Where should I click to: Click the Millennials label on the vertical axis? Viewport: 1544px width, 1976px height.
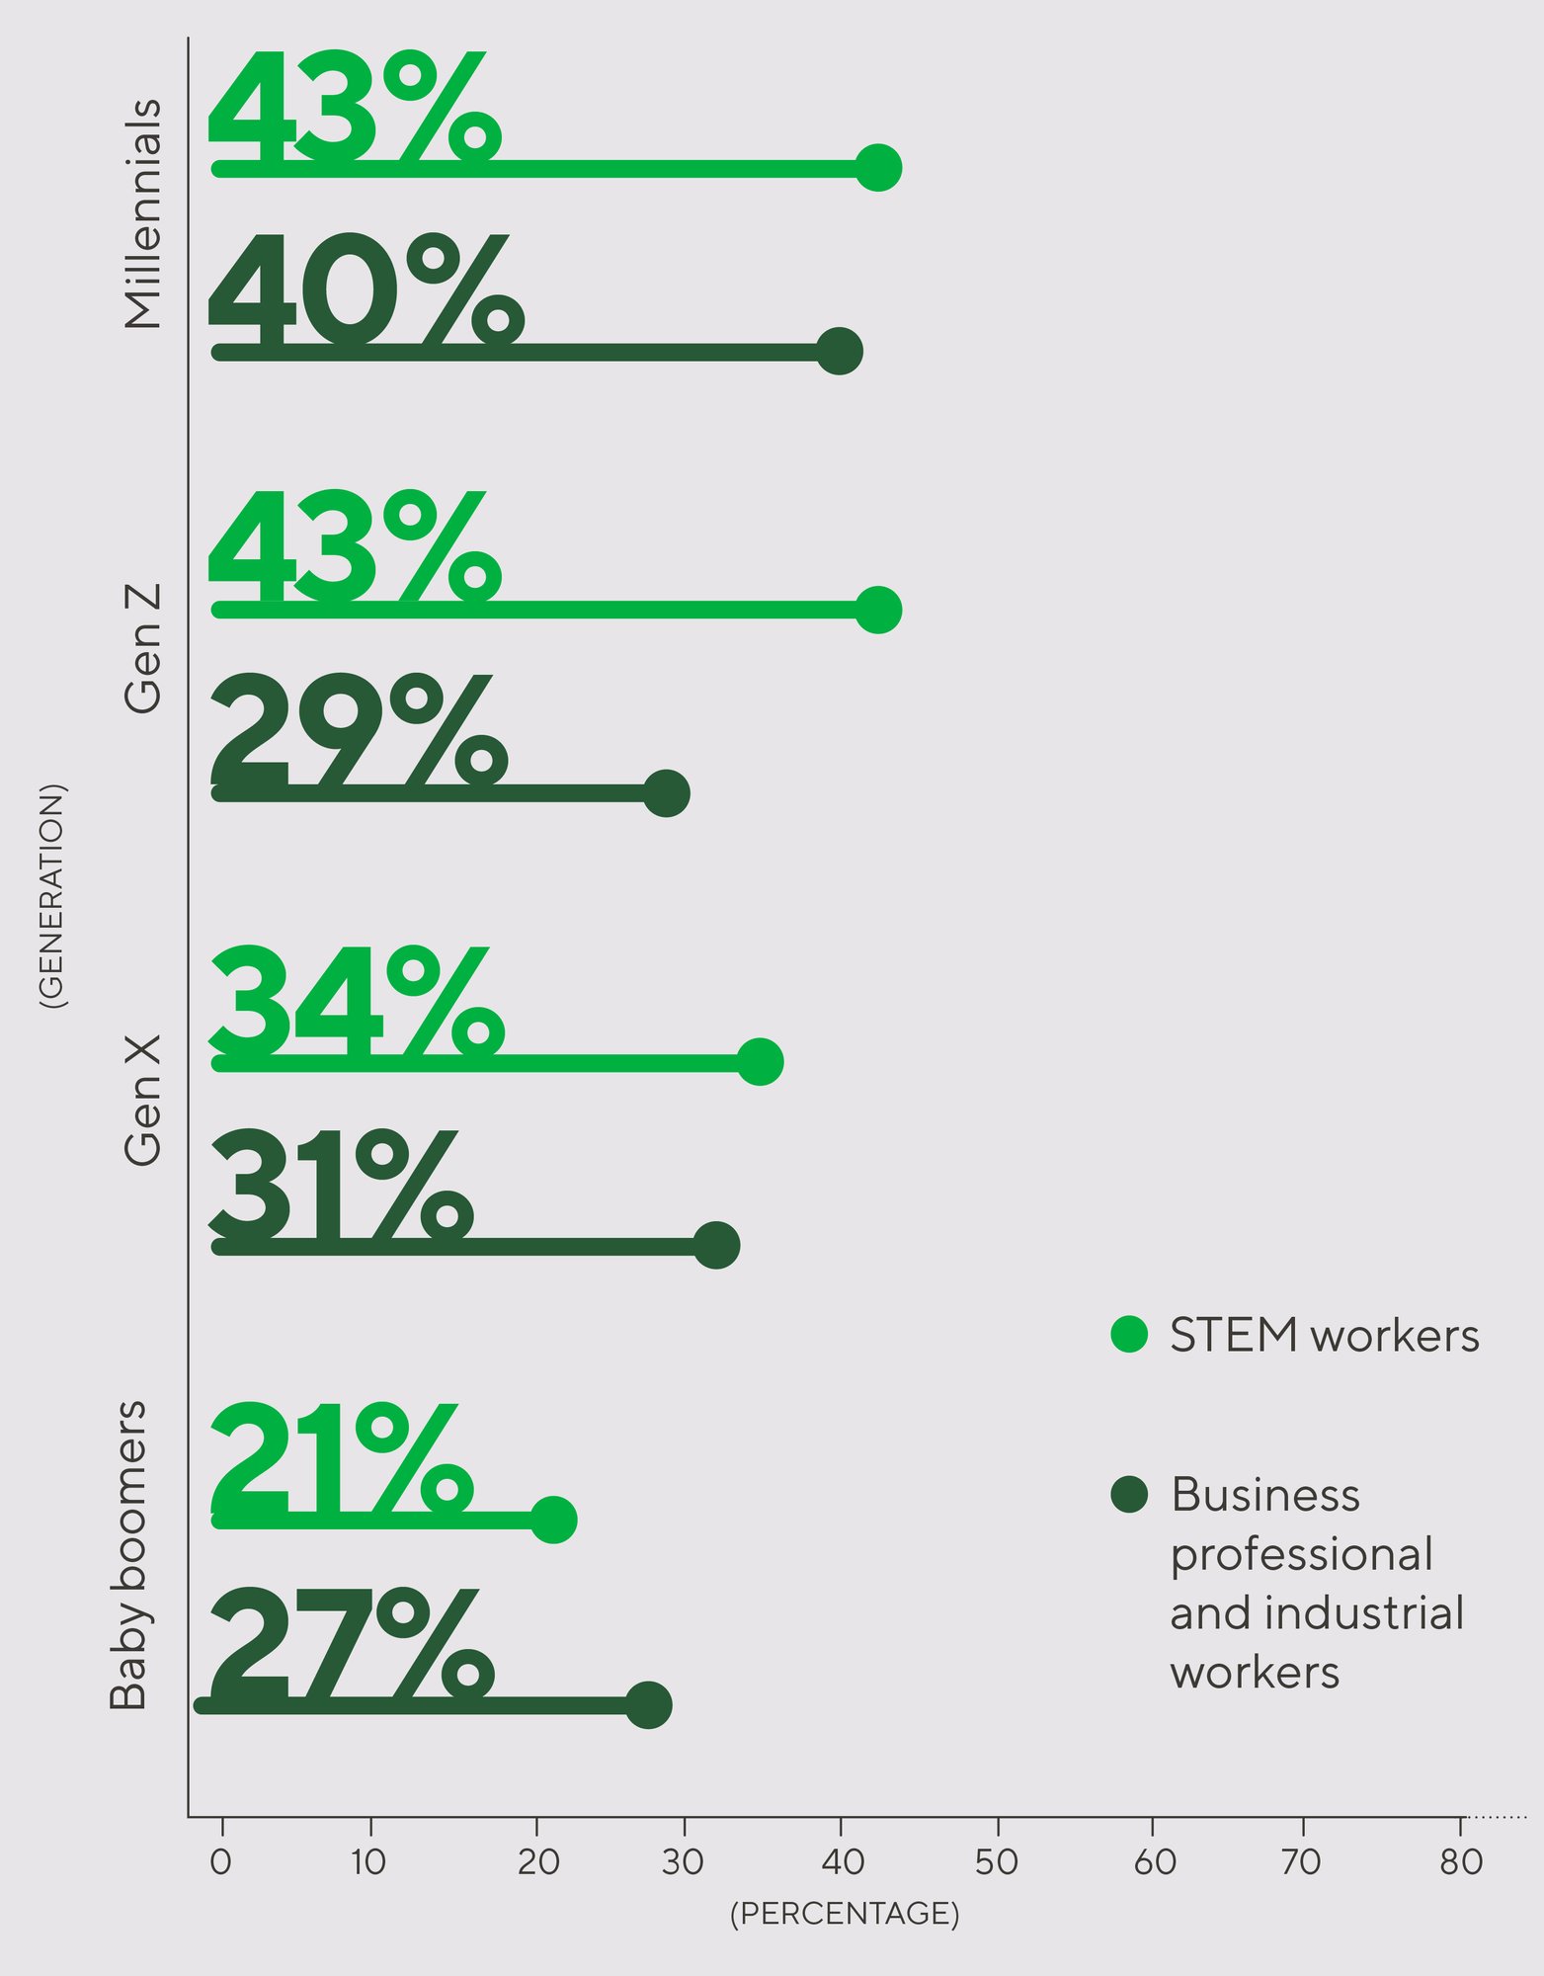[142, 213]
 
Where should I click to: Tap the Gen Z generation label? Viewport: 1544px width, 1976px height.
[142, 648]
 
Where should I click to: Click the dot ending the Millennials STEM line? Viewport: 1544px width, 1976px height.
[878, 168]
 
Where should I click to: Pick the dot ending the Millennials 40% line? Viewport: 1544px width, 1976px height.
[840, 351]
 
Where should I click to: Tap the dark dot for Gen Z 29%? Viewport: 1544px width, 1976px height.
[667, 793]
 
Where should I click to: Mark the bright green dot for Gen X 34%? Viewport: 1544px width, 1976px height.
[761, 1062]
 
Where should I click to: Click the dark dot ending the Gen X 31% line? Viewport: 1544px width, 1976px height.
[717, 1245]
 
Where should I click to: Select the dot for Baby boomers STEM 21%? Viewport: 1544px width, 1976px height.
[554, 1520]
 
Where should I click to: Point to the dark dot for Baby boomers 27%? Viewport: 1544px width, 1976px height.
[649, 1705]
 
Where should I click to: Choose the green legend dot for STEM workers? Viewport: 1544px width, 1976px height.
[1128, 1335]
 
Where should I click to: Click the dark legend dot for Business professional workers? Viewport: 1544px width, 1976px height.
[1128, 1495]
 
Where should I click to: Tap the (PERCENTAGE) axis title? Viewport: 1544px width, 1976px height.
[845, 1914]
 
